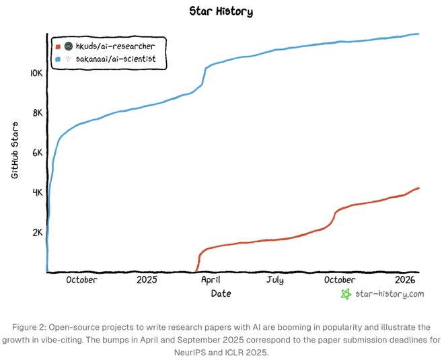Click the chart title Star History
click(221, 11)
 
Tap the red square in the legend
click(58, 46)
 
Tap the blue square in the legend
click(58, 59)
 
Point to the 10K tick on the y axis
click(35, 73)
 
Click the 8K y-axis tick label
click(37, 112)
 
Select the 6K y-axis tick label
click(37, 152)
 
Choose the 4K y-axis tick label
click(37, 192)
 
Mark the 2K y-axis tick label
click(37, 232)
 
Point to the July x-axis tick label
click(274, 280)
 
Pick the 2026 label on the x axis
click(405, 280)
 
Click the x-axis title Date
click(221, 294)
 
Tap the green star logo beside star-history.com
click(346, 294)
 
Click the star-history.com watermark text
click(390, 294)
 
